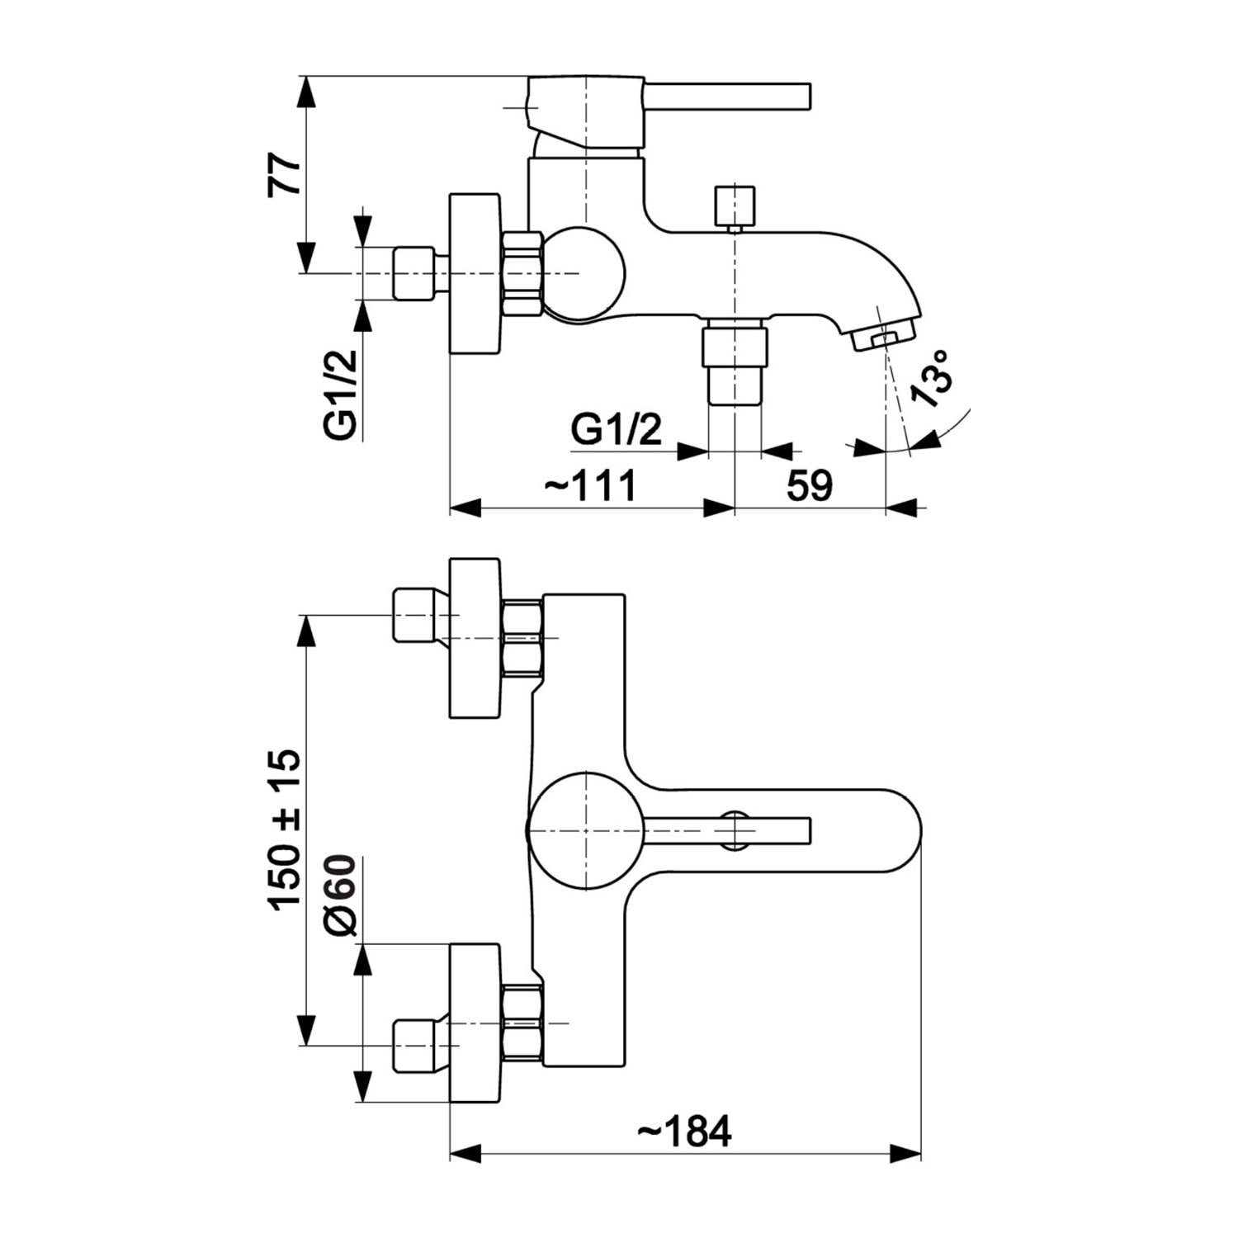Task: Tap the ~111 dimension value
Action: pos(591,485)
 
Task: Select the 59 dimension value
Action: pos(809,485)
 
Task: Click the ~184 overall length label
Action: pos(685,1132)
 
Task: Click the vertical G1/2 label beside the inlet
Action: pos(340,395)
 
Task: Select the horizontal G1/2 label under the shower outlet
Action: pos(617,430)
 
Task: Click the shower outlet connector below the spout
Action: pos(734,364)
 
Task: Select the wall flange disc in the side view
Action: pos(475,274)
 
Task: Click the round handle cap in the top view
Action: pos(583,831)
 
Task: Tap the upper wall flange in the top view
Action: pos(475,638)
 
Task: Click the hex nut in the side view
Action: pos(522,272)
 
